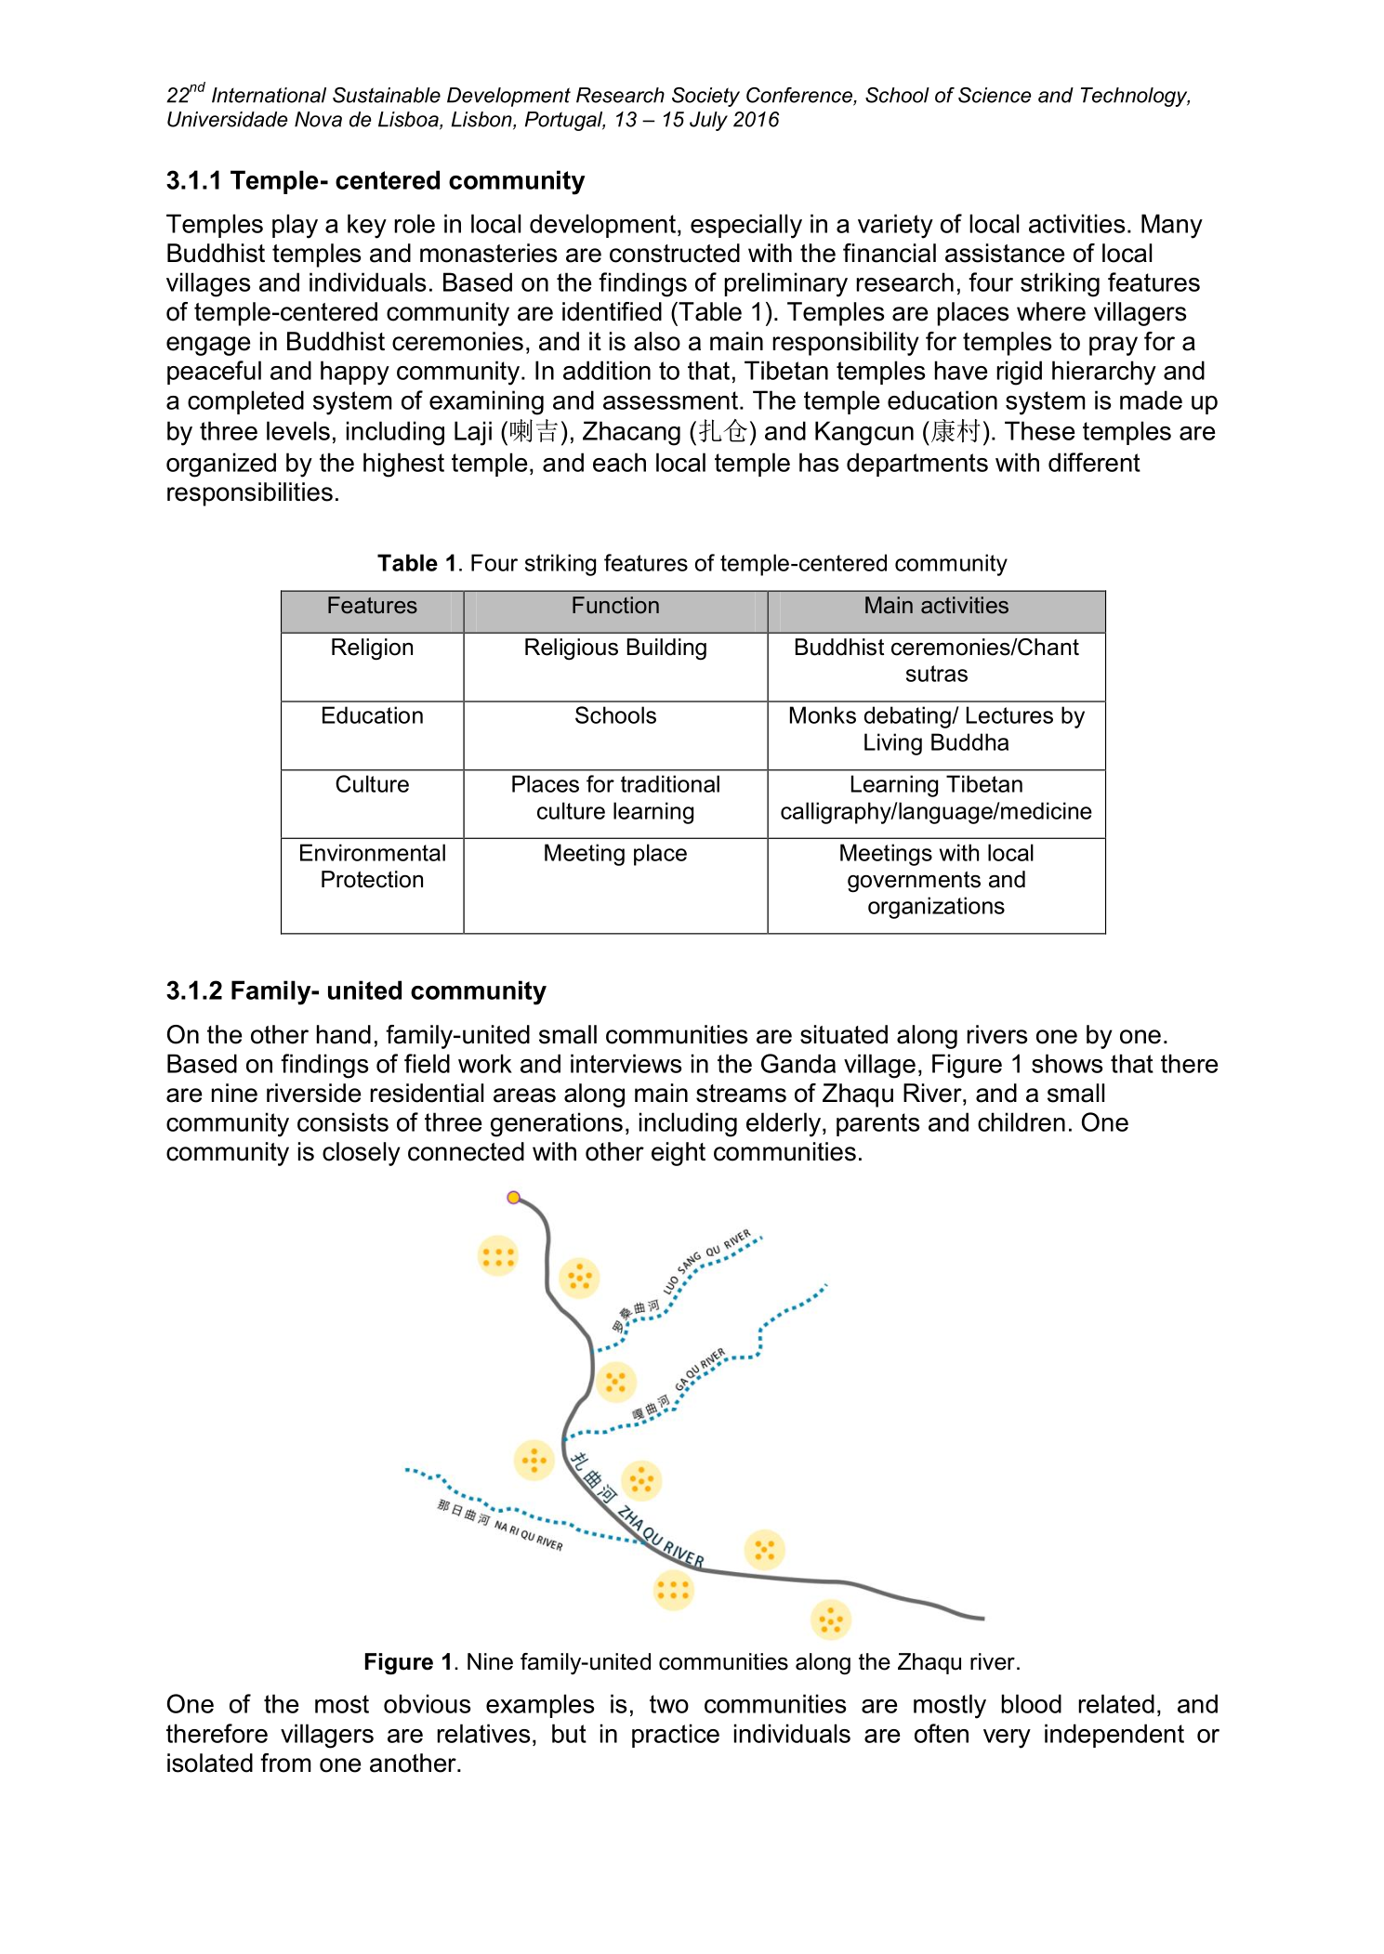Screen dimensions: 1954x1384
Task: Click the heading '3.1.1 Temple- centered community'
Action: click(375, 180)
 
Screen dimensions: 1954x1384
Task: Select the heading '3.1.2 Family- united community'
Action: click(356, 990)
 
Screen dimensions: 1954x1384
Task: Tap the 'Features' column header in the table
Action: click(372, 606)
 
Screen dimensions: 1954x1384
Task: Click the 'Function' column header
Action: click(615, 606)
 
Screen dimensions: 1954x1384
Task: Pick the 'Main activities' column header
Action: click(936, 606)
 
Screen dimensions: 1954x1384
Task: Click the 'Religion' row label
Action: click(372, 648)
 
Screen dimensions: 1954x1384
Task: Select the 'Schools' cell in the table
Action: click(615, 715)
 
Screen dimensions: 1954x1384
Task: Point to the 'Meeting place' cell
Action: click(615, 853)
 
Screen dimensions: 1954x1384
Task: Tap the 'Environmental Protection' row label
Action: click(372, 866)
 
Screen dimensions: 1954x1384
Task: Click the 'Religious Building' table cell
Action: click(615, 648)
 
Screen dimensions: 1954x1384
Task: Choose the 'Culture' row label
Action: click(372, 784)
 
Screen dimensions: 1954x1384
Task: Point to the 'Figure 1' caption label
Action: click(407, 1661)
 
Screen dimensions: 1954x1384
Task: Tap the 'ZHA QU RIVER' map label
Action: click(662, 1536)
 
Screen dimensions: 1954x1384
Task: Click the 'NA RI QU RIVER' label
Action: click(528, 1535)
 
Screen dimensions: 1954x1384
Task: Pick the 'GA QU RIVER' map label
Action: click(700, 1369)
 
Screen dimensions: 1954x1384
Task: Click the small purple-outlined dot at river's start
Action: click(513, 1197)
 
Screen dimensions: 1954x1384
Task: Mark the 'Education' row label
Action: click(372, 715)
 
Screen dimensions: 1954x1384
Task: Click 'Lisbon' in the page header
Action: click(481, 120)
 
